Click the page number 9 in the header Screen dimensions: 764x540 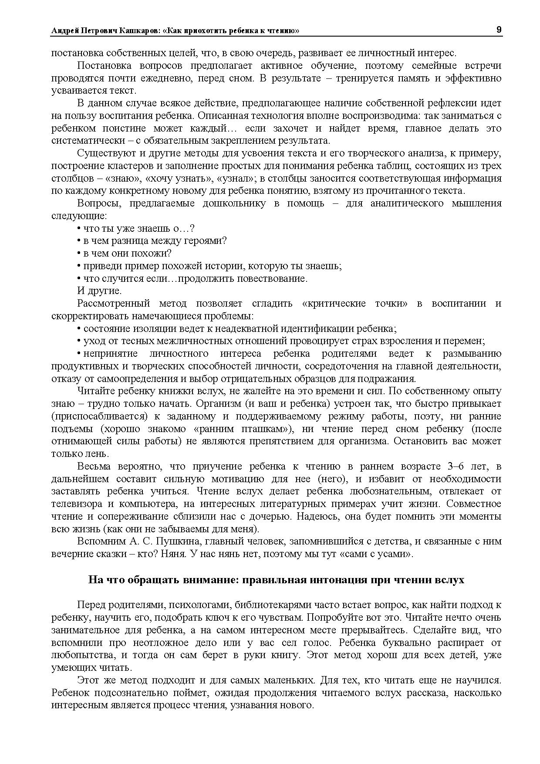point(499,30)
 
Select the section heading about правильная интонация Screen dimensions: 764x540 point(276,580)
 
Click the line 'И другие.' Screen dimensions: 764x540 point(99,291)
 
